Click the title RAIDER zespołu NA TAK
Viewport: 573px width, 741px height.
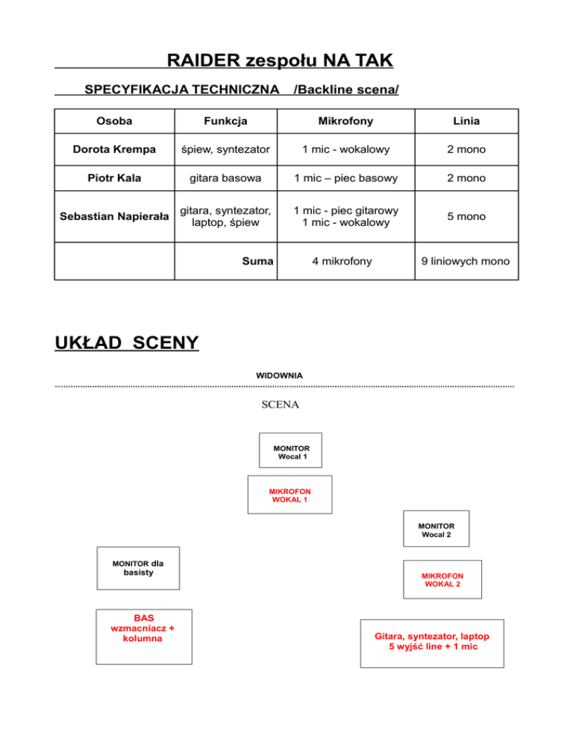click(280, 60)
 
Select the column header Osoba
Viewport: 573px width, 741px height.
click(114, 121)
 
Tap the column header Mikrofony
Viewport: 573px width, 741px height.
click(345, 121)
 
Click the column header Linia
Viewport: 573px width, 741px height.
click(466, 121)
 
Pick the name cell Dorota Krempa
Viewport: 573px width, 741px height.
click(114, 150)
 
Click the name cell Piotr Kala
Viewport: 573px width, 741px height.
click(114, 178)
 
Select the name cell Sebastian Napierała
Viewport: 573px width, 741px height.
click(114, 216)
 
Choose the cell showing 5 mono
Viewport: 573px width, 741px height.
click(466, 216)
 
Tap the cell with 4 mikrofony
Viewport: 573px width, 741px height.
click(345, 262)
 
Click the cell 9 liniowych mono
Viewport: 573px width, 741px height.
click(466, 262)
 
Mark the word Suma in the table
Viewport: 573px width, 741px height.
click(258, 262)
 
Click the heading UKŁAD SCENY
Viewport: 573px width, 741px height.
click(127, 343)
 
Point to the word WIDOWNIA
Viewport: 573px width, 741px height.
click(279, 375)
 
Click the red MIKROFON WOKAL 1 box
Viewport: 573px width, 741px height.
click(289, 495)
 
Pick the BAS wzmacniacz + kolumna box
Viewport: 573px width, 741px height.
click(143, 636)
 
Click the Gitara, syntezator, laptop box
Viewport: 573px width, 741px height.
click(431, 643)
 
